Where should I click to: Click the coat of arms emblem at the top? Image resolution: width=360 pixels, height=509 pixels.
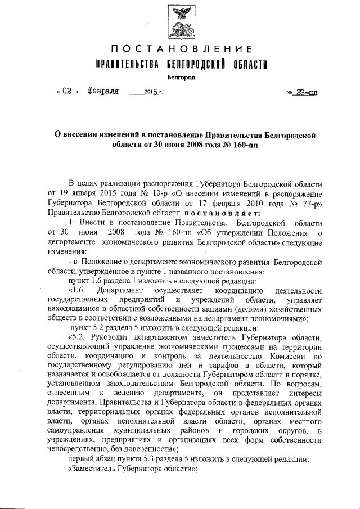tap(181, 21)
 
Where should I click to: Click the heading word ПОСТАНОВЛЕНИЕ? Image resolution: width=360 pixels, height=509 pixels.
tap(180, 49)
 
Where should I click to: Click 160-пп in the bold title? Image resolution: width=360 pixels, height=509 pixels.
tap(242, 145)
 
